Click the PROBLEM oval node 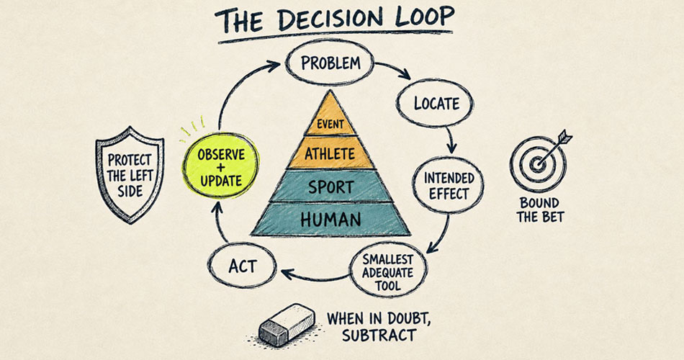pyautogui.click(x=330, y=63)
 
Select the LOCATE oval pyautogui.click(x=434, y=104)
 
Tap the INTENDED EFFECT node pyautogui.click(x=448, y=186)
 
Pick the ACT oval pyautogui.click(x=242, y=266)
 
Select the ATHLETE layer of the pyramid pyautogui.click(x=330, y=153)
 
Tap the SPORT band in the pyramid pyautogui.click(x=330, y=186)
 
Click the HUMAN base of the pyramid pyautogui.click(x=330, y=220)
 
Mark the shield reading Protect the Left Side pyautogui.click(x=130, y=174)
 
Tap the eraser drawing pyautogui.click(x=287, y=325)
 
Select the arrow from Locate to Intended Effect pyautogui.click(x=451, y=140)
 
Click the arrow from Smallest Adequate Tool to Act pyautogui.click(x=315, y=276)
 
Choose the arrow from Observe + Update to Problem pyautogui.click(x=235, y=89)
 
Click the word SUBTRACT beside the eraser pyautogui.click(x=379, y=335)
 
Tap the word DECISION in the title pyautogui.click(x=329, y=20)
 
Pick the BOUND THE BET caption pyautogui.click(x=540, y=210)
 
